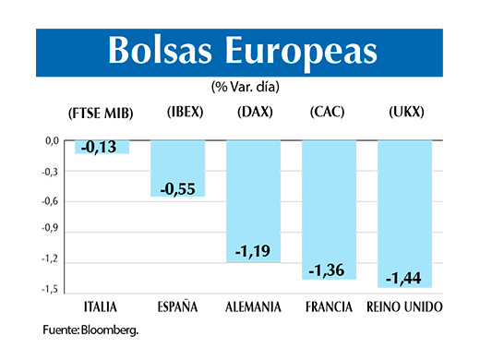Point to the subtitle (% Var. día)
pyautogui.click(x=245, y=87)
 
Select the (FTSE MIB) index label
pyautogui.click(x=102, y=114)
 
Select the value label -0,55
pyautogui.click(x=177, y=188)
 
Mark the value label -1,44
pyautogui.click(x=404, y=278)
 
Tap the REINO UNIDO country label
pyautogui.click(x=404, y=306)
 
